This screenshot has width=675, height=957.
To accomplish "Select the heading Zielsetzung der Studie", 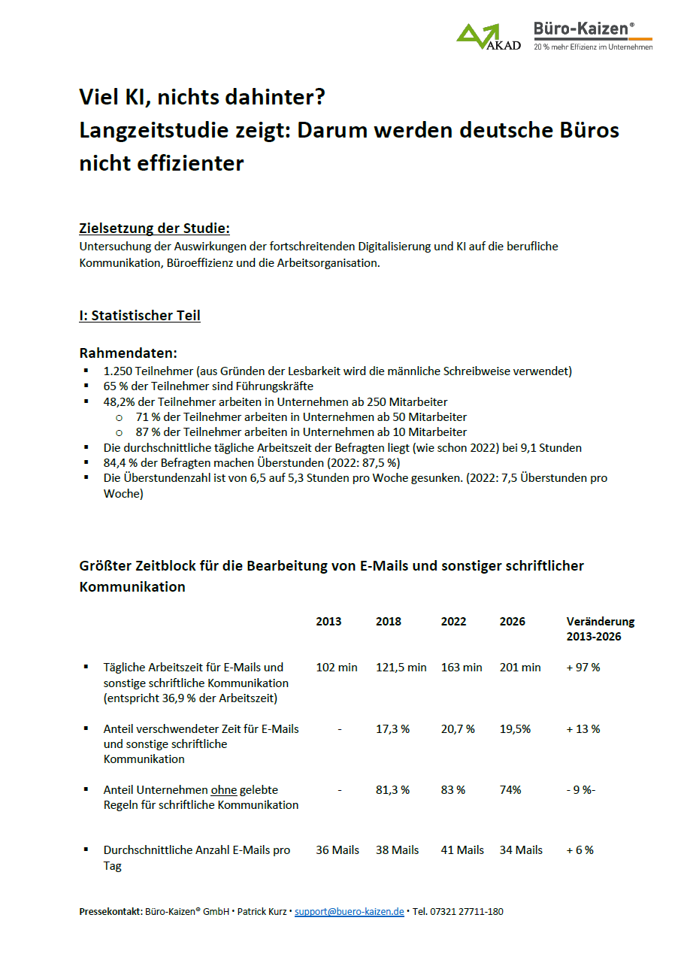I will coord(154,229).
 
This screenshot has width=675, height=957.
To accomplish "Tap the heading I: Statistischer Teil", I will coord(140,316).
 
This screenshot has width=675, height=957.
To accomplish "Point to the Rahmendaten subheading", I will coord(129,353).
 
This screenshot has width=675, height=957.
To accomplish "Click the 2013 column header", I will coord(328,622).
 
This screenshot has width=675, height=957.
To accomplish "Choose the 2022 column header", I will coord(453,622).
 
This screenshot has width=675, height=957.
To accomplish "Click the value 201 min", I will coord(520,667).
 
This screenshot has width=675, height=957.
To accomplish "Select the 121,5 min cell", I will coord(401,667).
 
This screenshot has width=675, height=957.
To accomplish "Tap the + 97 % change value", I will coord(583,667).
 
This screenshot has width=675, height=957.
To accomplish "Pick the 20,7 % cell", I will coord(459,728).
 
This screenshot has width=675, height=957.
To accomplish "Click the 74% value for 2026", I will coord(510,789).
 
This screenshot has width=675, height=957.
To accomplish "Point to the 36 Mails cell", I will coord(337,850).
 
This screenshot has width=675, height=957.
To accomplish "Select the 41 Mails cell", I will coord(462,850).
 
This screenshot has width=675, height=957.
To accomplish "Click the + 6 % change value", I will coord(580,850).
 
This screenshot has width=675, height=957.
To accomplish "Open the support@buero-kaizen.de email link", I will coord(349,912).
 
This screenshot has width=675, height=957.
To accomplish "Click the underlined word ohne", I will coord(224,790).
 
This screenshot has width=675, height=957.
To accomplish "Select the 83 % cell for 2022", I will coord(453,789).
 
